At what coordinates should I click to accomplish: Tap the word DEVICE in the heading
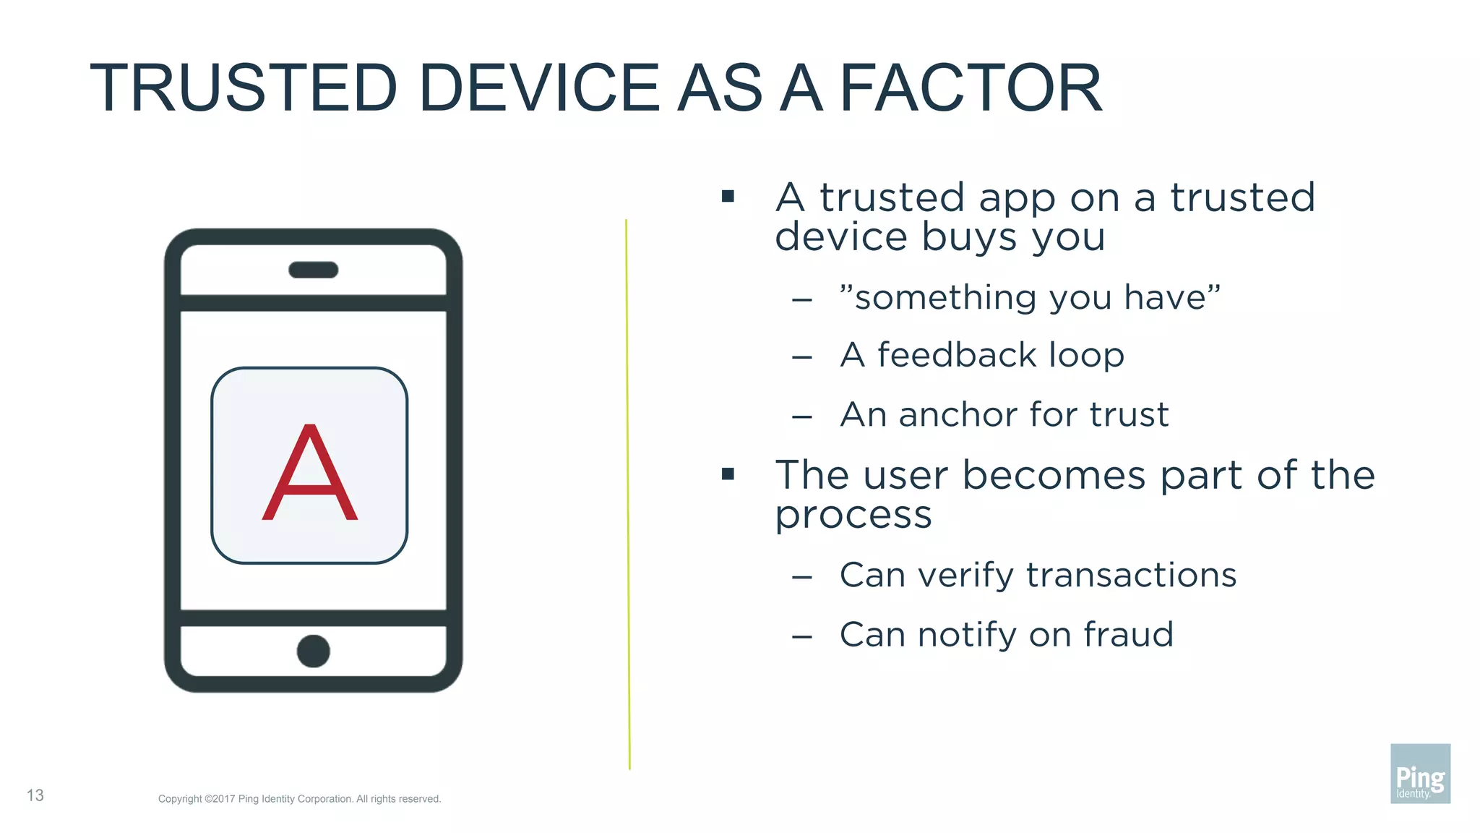[538, 88]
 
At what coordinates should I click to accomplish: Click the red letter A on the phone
[309, 474]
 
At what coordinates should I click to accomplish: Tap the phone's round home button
[313, 651]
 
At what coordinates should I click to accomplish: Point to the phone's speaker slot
[313, 270]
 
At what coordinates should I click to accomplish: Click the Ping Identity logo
[1420, 773]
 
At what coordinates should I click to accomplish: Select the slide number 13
[35, 795]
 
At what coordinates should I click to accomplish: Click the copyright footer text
[299, 799]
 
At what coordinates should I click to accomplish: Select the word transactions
[1131, 576]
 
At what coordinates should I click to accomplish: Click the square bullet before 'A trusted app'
[728, 196]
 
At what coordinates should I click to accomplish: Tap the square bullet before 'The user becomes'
[728, 474]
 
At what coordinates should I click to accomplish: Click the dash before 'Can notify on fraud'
[801, 637]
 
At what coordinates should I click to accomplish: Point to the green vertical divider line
[628, 492]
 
